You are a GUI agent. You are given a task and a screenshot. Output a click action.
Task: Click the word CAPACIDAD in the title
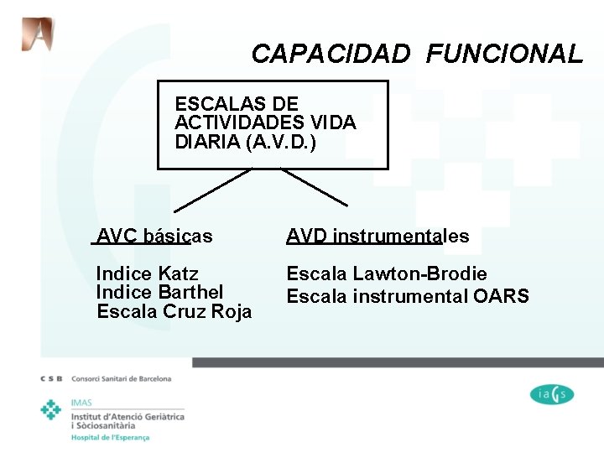331,55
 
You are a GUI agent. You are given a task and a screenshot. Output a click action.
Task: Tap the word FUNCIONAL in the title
503,55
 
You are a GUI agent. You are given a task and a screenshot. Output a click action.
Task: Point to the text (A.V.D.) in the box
282,142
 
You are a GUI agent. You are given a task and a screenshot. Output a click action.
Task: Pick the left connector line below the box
213,189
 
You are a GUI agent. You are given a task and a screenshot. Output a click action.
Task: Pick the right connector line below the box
314,187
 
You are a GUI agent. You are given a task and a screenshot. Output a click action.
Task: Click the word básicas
178,237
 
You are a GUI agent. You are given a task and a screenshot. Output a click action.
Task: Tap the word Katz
178,273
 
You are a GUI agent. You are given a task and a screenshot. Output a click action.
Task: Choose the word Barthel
190,292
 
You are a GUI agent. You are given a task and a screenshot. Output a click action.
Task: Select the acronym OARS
501,296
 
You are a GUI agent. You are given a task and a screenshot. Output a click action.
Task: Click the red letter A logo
37,34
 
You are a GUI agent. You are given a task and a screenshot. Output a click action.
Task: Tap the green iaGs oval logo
552,393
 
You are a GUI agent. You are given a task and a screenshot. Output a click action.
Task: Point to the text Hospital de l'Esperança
111,437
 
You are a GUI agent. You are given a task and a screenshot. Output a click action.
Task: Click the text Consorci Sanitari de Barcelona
122,379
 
